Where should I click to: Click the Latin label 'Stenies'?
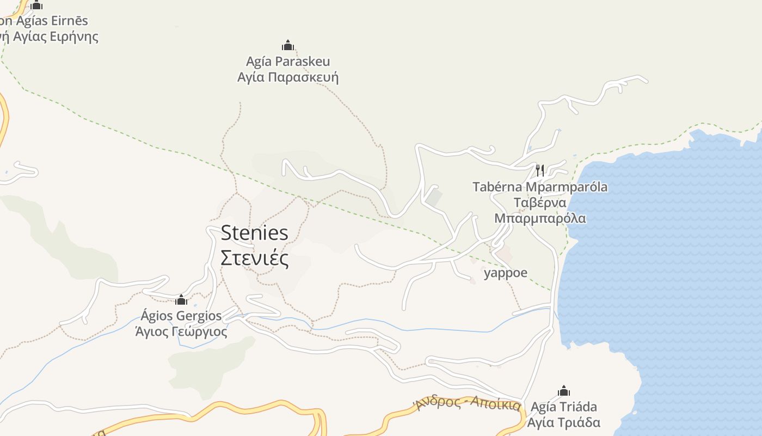[254, 233]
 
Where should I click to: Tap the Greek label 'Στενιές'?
[254, 258]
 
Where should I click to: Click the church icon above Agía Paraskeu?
[287, 45]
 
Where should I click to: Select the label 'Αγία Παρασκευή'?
[288, 77]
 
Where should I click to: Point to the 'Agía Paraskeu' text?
[288, 61]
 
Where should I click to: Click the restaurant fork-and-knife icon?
[539, 170]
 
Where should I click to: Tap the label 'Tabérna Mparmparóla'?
[540, 187]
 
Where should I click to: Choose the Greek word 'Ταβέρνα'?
[540, 203]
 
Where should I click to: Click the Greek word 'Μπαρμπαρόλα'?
[540, 219]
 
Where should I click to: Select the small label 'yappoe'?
[506, 272]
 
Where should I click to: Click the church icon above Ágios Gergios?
[181, 300]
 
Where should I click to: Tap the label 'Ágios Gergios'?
[181, 316]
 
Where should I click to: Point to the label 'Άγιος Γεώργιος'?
[181, 331]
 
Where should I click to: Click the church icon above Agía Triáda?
[563, 391]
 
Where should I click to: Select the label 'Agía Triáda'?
[564, 407]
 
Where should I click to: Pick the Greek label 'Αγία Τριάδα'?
[566, 422]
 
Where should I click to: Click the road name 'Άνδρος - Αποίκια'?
[468, 404]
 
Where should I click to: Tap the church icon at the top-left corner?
[36, 5]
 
